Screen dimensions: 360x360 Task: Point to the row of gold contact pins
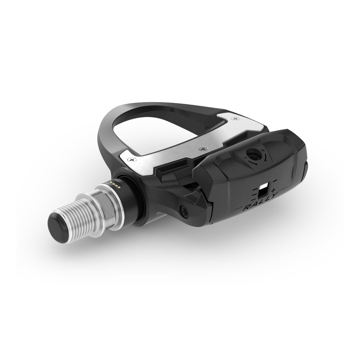click(115, 183)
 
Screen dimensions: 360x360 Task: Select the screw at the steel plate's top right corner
click(235, 118)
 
